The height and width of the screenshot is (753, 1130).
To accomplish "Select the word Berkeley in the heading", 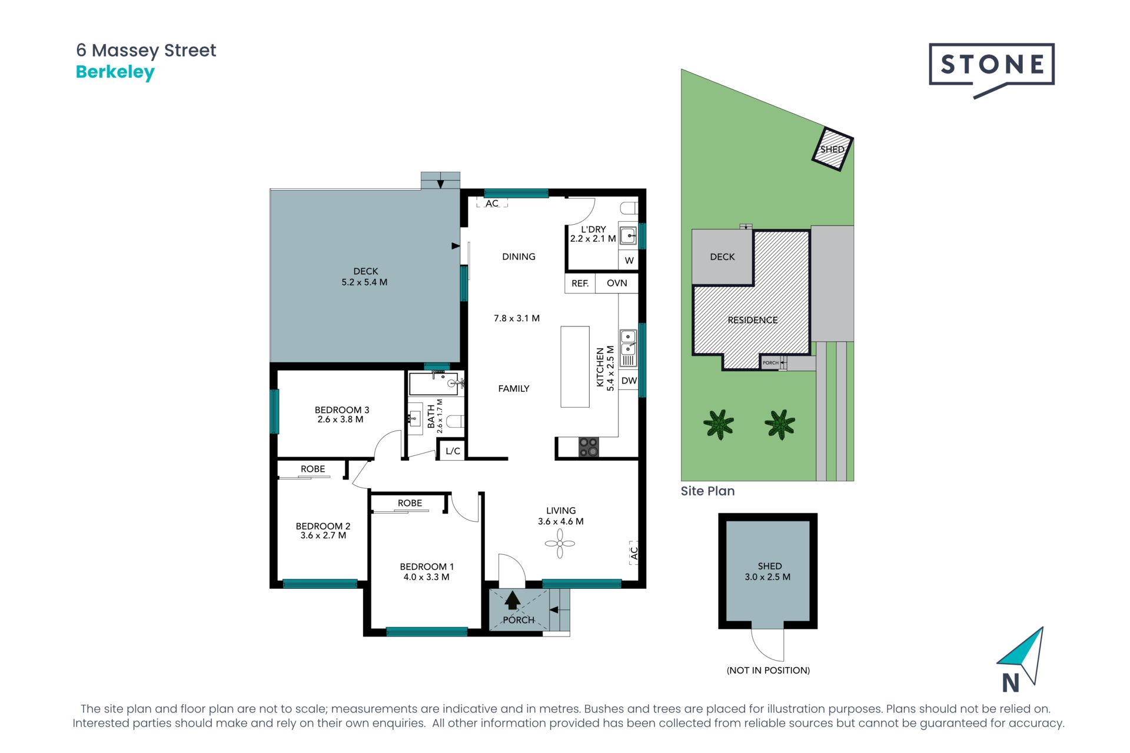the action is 115,72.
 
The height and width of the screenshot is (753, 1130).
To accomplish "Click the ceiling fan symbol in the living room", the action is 560,544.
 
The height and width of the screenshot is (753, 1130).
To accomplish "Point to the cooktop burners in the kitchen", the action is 589,447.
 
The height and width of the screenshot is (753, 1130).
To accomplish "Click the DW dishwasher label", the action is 629,381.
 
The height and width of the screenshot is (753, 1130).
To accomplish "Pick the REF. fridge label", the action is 580,284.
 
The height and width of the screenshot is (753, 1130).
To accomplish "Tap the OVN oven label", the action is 617,283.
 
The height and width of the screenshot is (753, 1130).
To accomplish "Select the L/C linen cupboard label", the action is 453,451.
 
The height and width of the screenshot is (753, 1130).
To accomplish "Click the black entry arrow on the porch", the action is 513,600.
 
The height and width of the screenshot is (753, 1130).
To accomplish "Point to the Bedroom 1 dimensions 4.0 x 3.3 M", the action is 426,577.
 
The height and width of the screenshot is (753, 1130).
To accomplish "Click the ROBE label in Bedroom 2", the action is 313,469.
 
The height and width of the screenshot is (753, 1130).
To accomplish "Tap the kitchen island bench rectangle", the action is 575,367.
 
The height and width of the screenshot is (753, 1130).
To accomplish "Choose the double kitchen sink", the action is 628,348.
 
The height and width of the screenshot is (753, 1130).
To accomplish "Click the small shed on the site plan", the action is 832,149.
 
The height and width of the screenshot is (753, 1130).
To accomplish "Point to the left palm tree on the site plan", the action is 719,424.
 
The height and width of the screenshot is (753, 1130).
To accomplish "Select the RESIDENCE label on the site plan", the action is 753,320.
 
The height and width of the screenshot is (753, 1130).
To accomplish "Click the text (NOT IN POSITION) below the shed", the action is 768,670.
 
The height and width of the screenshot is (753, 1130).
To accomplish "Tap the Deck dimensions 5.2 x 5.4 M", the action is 364,282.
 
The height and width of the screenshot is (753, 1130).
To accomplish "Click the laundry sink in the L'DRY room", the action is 628,236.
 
